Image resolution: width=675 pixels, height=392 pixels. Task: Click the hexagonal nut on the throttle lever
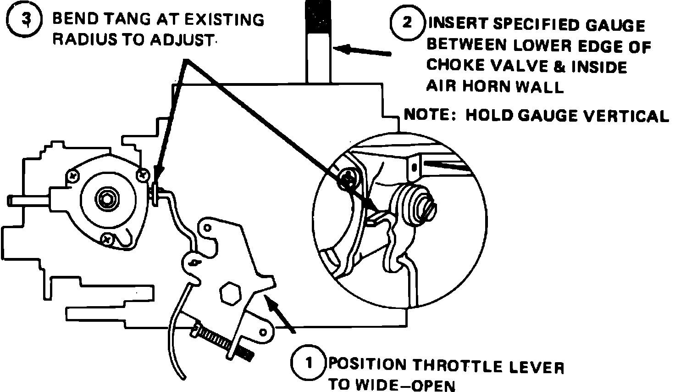pyautogui.click(x=231, y=292)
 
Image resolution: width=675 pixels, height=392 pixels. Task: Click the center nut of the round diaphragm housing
pyautogui.click(x=108, y=198)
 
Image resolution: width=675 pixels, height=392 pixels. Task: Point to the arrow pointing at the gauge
pyautogui.click(x=362, y=50)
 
